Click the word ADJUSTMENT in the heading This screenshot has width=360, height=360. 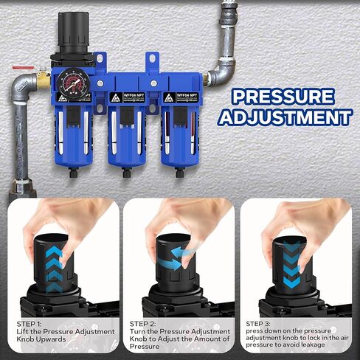tap(287, 118)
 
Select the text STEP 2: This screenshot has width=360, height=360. tap(142, 323)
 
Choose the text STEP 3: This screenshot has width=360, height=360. tap(257, 323)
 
